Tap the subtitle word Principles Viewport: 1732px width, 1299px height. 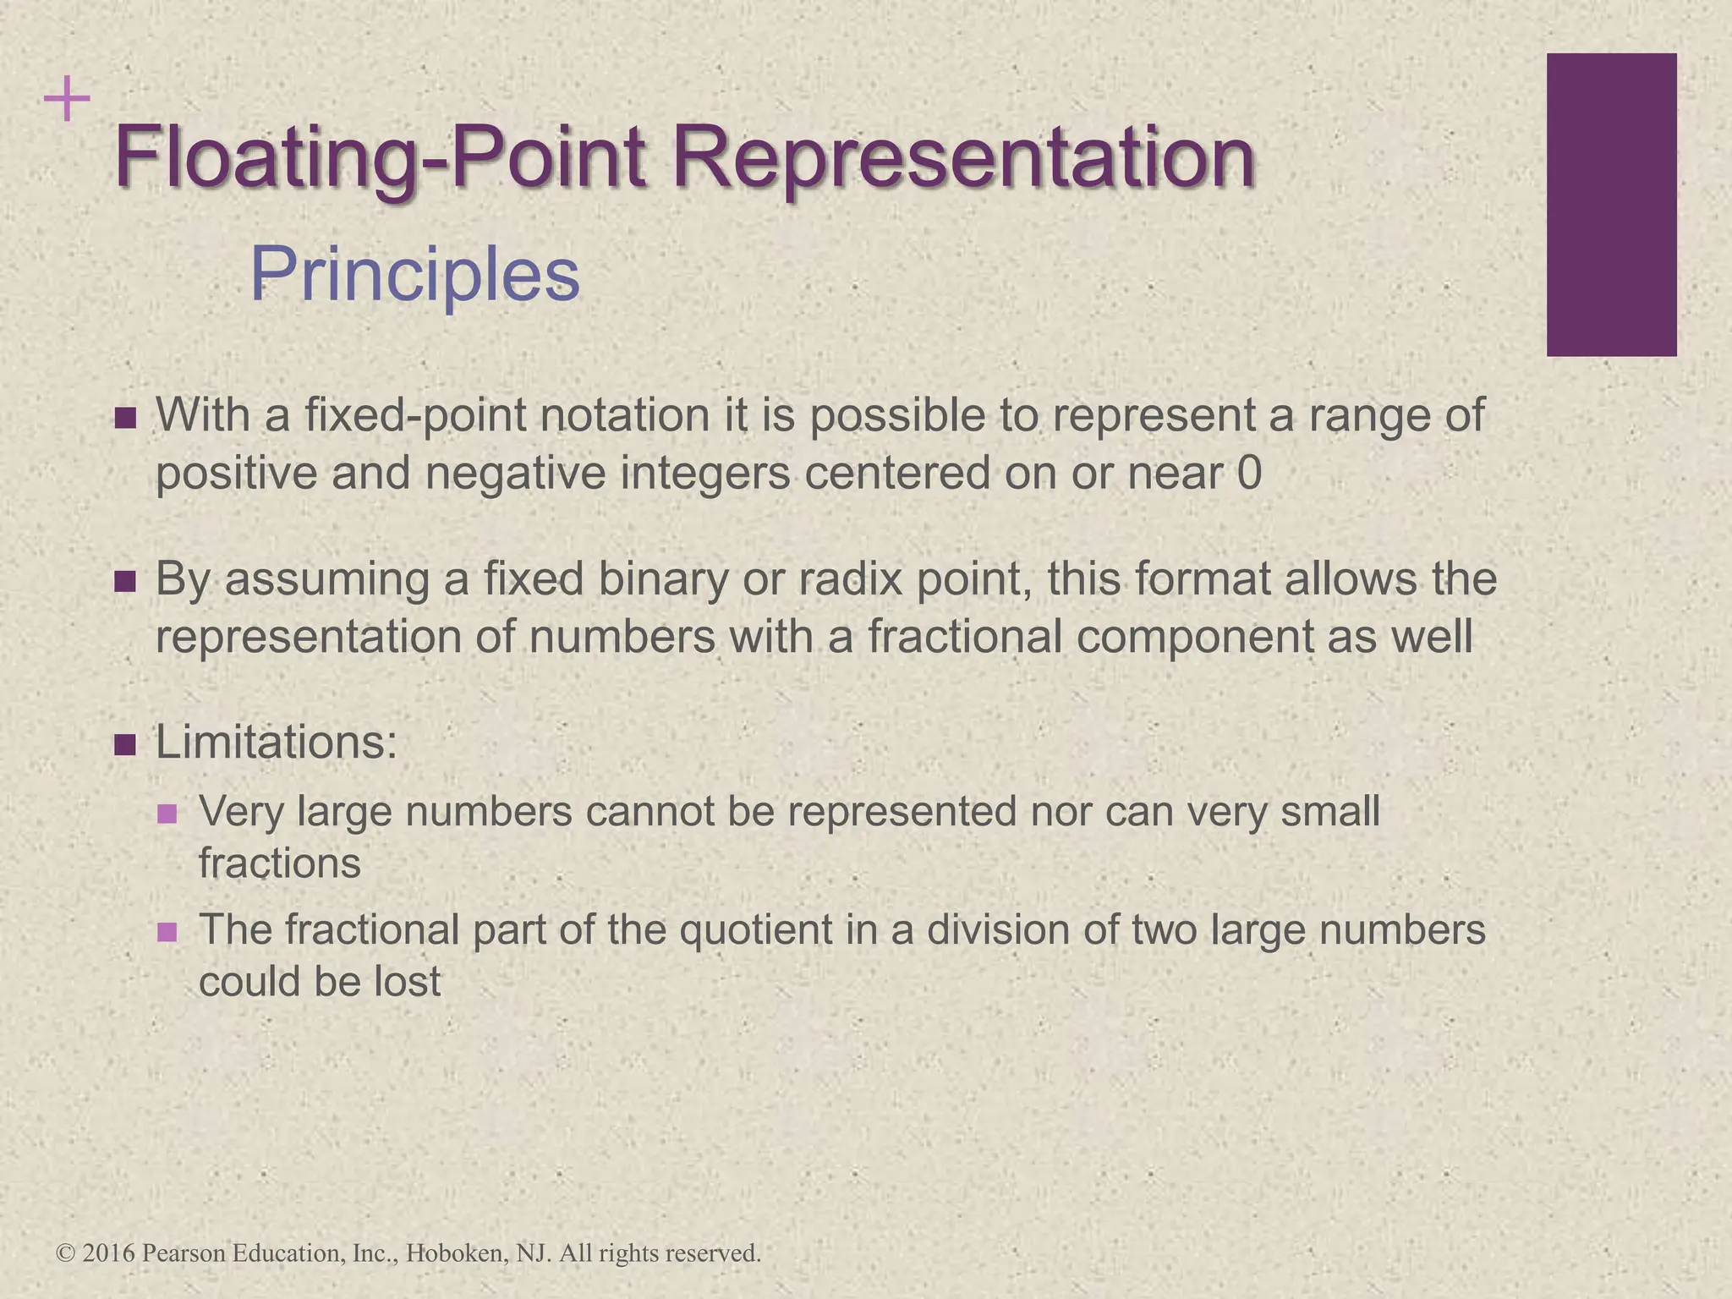click(414, 275)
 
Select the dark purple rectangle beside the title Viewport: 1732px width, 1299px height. click(1611, 205)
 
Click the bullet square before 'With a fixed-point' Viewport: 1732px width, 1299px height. click(125, 418)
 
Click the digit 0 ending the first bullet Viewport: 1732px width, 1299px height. click(1249, 473)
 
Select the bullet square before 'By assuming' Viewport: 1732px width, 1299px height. click(125, 582)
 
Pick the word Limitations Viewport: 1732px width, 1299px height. click(276, 743)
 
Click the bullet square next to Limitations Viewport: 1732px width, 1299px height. click(125, 745)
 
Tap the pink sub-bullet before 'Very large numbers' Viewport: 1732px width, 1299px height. click(167, 814)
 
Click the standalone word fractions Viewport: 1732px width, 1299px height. click(279, 863)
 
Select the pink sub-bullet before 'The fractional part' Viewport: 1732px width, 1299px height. click(167, 932)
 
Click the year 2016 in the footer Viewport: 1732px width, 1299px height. click(109, 1252)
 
